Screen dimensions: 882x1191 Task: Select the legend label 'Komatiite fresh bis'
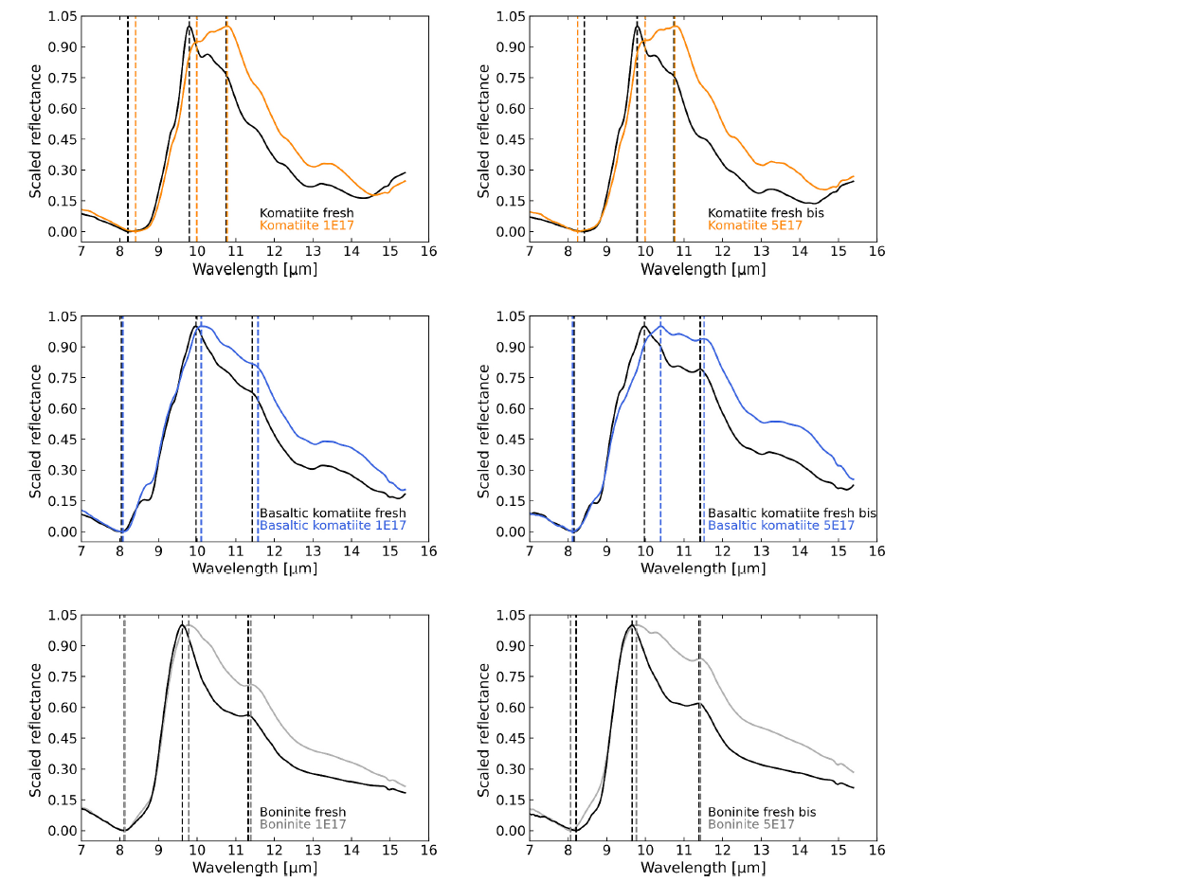(766, 213)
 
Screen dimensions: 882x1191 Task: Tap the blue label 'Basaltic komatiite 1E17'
(333, 526)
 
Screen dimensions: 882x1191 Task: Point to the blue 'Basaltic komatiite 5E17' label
(781, 526)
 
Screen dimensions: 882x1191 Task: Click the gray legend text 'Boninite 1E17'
(302, 825)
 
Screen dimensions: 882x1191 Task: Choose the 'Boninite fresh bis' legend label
(762, 812)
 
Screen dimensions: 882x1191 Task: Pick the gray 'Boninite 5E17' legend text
(750, 825)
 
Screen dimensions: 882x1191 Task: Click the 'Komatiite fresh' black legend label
(306, 213)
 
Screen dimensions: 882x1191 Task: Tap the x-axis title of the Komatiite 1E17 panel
(254, 269)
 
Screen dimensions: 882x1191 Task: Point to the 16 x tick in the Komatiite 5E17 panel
(876, 251)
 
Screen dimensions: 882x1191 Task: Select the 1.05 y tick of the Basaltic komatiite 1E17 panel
(62, 316)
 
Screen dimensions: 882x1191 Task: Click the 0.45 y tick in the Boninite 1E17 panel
(62, 739)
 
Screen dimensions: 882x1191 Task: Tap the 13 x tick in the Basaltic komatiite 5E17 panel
(761, 550)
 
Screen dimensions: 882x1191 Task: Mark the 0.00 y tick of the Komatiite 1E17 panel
(62, 232)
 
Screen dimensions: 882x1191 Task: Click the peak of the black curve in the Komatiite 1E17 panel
(189, 26)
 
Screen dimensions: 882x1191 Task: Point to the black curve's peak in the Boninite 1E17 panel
(181, 625)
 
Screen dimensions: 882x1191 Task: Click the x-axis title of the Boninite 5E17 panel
(702, 868)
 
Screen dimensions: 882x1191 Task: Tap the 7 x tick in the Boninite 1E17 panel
(81, 850)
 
